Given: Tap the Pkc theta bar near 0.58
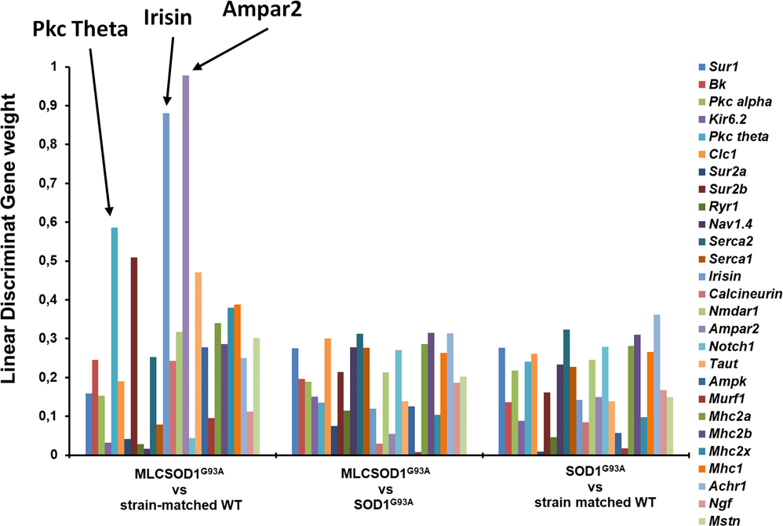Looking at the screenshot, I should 115,341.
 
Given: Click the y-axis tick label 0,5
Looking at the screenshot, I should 59,261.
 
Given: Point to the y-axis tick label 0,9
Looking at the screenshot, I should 59,106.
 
